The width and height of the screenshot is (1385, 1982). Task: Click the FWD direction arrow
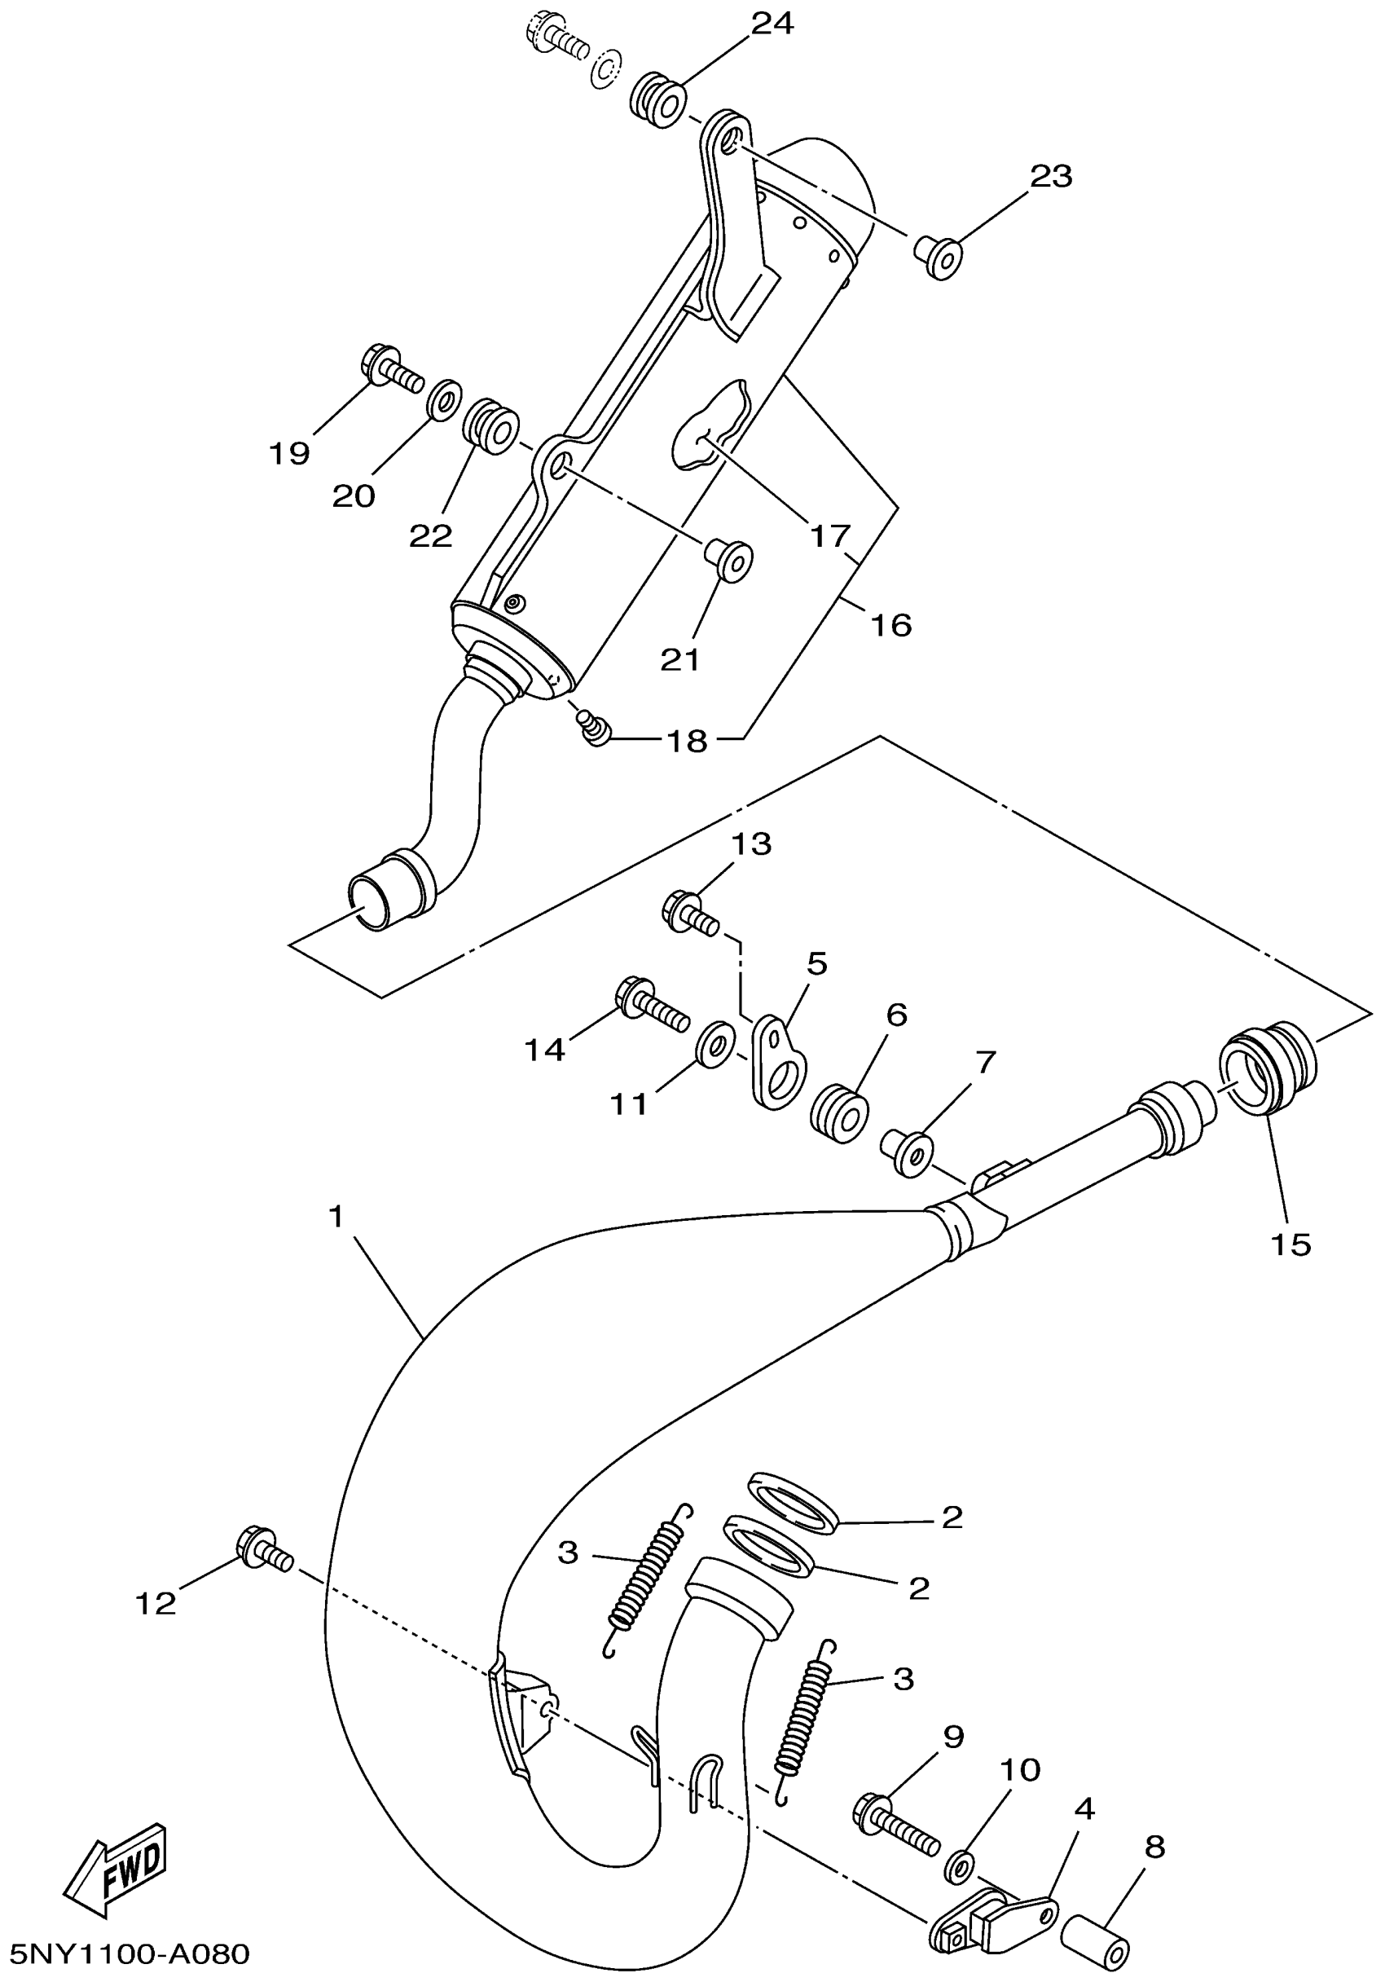click(117, 1868)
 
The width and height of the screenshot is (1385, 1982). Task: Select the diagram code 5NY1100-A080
click(127, 1953)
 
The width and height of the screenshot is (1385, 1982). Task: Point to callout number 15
click(1290, 1244)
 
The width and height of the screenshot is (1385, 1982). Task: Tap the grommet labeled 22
click(491, 424)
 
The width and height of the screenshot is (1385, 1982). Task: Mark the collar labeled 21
click(729, 559)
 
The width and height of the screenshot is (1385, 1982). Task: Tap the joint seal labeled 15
click(1266, 1070)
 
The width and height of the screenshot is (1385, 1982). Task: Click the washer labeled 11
click(715, 1045)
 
